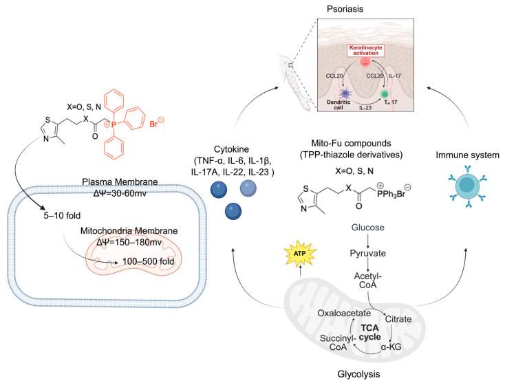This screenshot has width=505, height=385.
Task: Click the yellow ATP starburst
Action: tap(300, 253)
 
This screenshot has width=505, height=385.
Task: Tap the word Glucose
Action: tap(368, 228)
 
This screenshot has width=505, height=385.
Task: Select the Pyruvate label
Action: tap(368, 253)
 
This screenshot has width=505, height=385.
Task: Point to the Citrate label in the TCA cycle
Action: tap(398, 319)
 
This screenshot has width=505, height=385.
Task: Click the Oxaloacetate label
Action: tap(344, 313)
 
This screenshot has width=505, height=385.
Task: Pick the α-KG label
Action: tap(391, 346)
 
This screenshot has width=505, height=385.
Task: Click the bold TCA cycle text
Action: tap(369, 333)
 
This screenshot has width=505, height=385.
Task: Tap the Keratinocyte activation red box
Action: tap(365, 50)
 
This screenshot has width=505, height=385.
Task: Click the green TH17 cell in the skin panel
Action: tap(385, 94)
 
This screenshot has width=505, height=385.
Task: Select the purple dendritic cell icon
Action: tap(345, 93)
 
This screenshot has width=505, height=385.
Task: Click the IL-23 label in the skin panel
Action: tap(365, 108)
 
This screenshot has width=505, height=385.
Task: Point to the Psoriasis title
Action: tap(345, 9)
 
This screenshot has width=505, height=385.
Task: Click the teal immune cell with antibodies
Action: tap(467, 186)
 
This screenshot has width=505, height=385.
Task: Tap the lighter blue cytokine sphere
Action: tap(248, 188)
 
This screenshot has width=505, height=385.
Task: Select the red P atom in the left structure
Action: tap(113, 124)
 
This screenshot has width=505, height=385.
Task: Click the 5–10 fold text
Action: tap(62, 215)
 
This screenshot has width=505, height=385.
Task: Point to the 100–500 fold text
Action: tap(149, 261)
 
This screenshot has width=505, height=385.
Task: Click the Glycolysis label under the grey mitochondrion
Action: tap(358, 374)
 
